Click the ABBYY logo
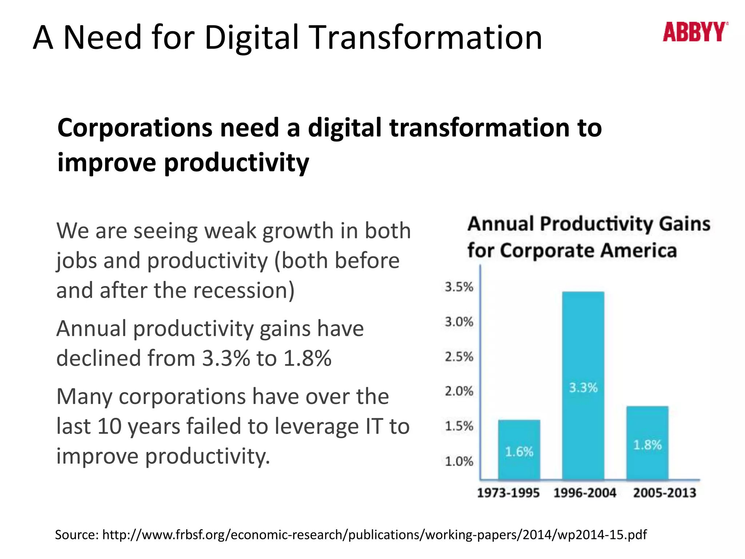tap(695, 32)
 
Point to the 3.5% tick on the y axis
tap(459, 287)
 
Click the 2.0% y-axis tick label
tap(459, 392)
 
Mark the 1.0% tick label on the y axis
tap(459, 461)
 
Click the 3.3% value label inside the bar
tap(583, 388)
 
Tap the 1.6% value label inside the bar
tap(519, 452)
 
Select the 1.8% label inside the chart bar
tap(647, 445)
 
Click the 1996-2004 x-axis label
tap(585, 493)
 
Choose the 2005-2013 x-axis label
tap(664, 493)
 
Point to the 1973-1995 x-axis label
tap(508, 493)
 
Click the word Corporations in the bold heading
tap(135, 128)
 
